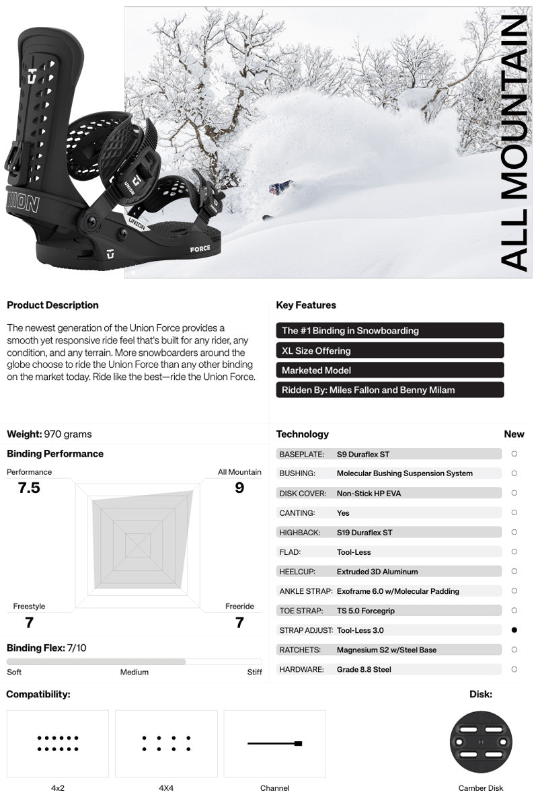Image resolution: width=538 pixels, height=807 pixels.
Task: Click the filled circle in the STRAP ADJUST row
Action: pos(514,630)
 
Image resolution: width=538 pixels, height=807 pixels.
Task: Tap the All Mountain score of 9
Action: pos(239,488)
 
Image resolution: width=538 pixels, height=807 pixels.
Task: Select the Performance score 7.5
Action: pos(29,488)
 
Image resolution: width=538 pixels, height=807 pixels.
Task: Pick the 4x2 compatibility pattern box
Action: pos(58,743)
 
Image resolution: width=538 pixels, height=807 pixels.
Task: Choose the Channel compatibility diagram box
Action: pos(274,743)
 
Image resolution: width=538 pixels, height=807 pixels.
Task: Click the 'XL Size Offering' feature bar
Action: pos(389,350)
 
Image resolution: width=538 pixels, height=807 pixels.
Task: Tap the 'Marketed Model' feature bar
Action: pos(389,370)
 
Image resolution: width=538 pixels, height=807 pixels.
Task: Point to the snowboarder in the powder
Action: pos(280,187)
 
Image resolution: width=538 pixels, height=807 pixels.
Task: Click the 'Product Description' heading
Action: pos(52,305)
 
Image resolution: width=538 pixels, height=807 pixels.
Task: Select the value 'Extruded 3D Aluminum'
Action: pos(377,572)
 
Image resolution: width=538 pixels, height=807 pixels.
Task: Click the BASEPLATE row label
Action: pos(302,454)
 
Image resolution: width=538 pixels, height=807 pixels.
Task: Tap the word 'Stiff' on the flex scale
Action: pos(254,672)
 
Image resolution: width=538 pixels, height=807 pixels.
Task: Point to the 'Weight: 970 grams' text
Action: pos(49,434)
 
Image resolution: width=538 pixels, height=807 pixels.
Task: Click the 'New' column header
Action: pos(514,434)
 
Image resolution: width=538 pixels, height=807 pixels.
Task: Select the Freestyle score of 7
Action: pos(29,623)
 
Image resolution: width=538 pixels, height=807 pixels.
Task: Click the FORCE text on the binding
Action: pos(200,248)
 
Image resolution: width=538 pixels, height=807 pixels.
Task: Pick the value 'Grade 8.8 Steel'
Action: pos(364,669)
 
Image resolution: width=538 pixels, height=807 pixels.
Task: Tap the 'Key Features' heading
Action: pos(306,305)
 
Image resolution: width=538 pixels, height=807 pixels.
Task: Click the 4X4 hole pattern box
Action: pos(166,743)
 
